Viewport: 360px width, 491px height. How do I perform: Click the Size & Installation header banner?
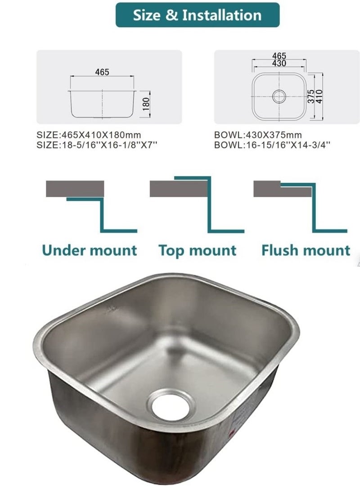[198, 15]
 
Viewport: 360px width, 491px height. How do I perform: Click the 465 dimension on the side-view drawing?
[102, 72]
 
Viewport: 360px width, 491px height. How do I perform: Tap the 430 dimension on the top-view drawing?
[279, 63]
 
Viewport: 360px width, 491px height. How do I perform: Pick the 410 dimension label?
[319, 95]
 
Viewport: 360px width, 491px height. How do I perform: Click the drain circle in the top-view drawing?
[279, 95]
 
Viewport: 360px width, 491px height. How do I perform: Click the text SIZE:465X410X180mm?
[89, 135]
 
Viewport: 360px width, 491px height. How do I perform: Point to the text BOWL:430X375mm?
[258, 135]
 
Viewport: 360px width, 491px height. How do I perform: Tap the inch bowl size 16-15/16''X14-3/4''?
[272, 145]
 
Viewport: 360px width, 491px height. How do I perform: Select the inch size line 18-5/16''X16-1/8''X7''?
[97, 145]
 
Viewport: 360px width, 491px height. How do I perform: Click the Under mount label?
[89, 250]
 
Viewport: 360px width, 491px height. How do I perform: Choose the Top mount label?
[197, 250]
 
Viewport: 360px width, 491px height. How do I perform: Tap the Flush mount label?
[306, 250]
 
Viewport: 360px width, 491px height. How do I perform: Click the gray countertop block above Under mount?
[75, 188]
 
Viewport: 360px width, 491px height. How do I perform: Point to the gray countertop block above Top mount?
[178, 188]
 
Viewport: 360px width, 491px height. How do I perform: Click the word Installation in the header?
[221, 15]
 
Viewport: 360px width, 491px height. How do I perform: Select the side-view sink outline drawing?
[102, 103]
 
